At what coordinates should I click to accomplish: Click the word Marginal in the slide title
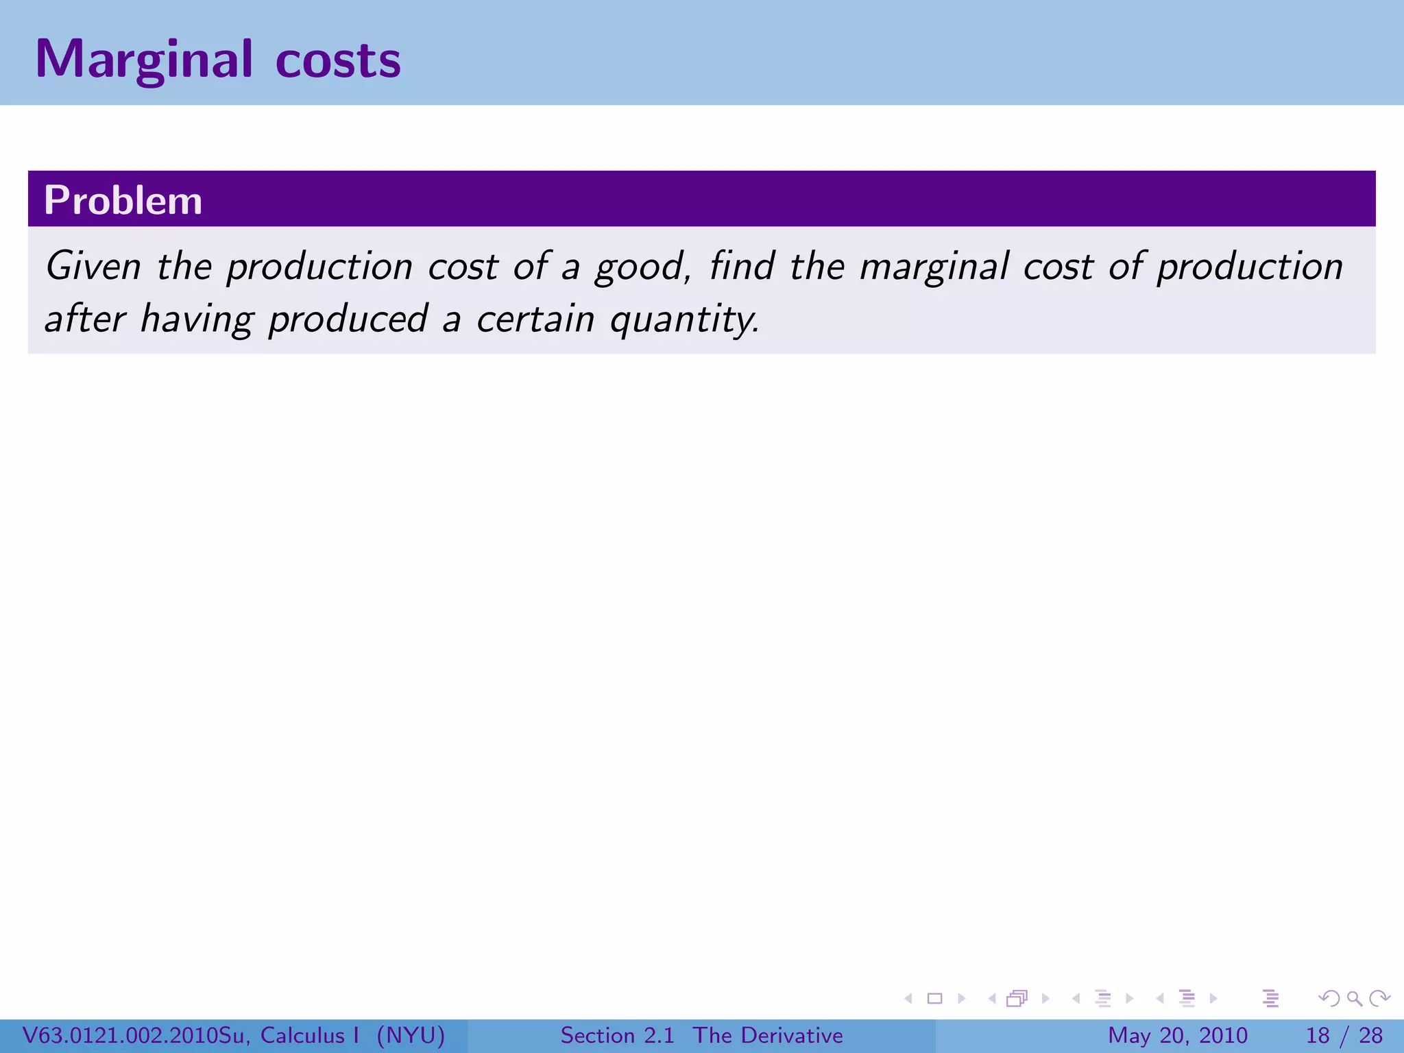tap(144, 60)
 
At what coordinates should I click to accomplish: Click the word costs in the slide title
tap(338, 60)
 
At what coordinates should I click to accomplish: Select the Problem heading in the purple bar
tap(123, 200)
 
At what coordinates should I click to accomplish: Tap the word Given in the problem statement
tap(93, 266)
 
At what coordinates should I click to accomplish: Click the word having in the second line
tap(197, 319)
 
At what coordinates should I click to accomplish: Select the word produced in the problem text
tap(348, 319)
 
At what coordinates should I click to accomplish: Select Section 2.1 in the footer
tap(617, 1035)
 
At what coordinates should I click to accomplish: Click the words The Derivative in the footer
tap(768, 1035)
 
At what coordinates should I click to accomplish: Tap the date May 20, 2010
tap(1177, 1035)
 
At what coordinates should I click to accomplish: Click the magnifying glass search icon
tap(1354, 998)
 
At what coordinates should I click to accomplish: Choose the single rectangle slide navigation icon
tap(934, 998)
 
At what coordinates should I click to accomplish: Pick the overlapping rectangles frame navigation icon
tap(1017, 998)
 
